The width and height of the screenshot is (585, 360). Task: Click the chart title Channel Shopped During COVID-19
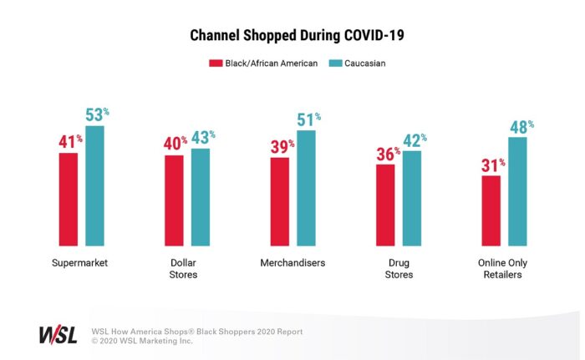click(x=292, y=38)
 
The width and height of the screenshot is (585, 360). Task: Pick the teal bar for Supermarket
click(x=95, y=185)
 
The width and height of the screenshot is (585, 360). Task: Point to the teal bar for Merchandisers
click(x=307, y=188)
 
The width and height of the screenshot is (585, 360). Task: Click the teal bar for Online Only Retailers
click(x=518, y=191)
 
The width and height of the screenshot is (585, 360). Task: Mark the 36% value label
click(x=386, y=155)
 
